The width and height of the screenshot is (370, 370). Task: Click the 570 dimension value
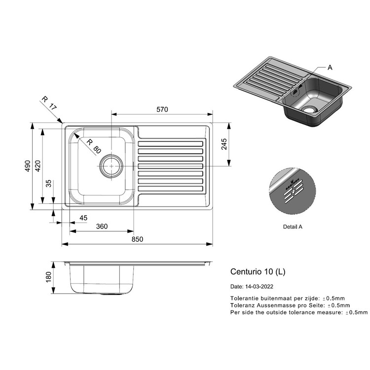coord(162,110)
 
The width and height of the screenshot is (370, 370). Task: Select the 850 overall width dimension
coord(137,239)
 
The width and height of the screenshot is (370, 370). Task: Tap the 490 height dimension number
coord(28,166)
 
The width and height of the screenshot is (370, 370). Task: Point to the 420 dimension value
coord(38,166)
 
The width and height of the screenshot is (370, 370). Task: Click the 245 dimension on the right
coord(224,144)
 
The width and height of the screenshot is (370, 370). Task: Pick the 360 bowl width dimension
coord(102,226)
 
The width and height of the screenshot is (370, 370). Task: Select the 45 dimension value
coord(83,218)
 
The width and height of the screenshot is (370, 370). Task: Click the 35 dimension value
coord(48,184)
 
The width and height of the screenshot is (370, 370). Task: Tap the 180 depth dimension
coord(48,277)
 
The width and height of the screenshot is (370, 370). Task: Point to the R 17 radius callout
coord(49,103)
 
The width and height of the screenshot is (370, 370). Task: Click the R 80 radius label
coord(94,146)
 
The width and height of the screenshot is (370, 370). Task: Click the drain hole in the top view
coord(111,166)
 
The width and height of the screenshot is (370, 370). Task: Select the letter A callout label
coord(330,68)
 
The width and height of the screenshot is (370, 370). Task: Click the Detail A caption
coord(293,227)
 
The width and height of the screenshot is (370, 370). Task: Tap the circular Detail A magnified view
coord(293,191)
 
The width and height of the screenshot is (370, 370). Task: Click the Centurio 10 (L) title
coord(258,272)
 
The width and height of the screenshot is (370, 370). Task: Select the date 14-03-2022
coord(259,287)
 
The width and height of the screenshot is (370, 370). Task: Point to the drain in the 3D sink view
coord(309,110)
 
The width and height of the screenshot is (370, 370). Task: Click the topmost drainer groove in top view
coord(170,144)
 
